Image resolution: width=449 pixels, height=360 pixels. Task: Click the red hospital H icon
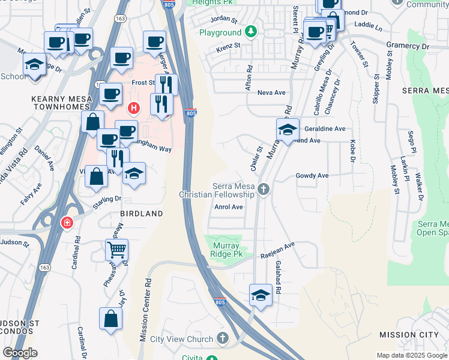coord(134,108)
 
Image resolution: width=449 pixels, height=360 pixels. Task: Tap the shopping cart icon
coord(116,248)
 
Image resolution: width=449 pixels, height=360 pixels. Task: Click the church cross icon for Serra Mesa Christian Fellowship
coord(263,190)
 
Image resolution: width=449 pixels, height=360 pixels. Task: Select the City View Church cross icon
coord(223,339)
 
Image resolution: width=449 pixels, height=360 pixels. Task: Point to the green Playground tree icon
coord(251,32)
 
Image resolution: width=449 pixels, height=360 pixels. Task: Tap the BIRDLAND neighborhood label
coord(141,214)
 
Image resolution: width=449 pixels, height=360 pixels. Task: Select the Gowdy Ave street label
coord(312,176)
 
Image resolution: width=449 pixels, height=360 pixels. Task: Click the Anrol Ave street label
coord(229,207)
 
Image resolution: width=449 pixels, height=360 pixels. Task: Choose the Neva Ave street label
coord(271,93)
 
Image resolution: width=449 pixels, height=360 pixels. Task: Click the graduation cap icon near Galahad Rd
coord(260,295)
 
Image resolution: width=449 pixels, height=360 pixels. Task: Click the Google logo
coord(20,353)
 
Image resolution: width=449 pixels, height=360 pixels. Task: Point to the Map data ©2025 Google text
coord(411,355)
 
